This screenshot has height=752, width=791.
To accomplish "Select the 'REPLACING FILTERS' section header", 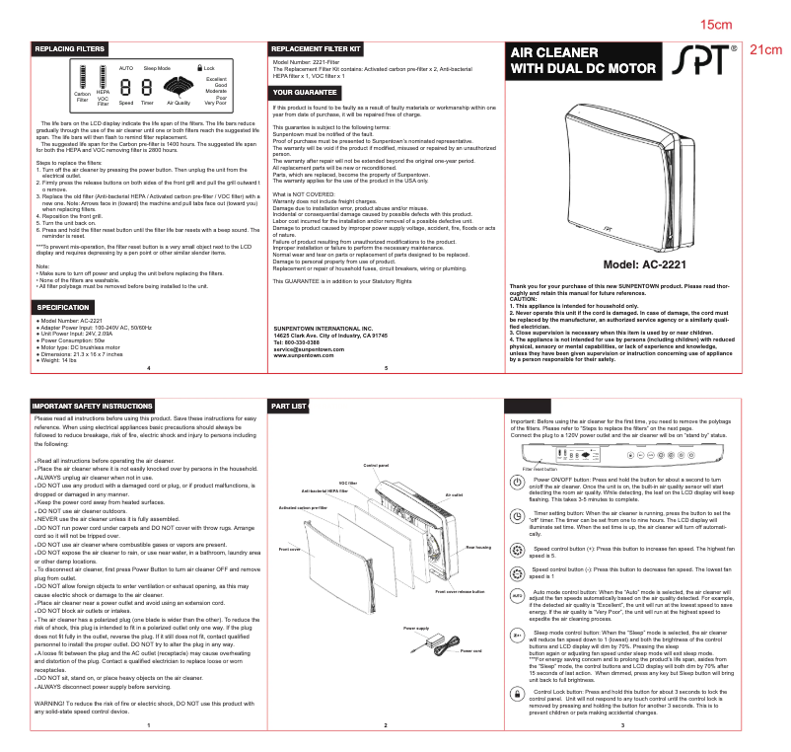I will click(x=70, y=48).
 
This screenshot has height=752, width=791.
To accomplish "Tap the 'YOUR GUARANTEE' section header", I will click(x=305, y=92).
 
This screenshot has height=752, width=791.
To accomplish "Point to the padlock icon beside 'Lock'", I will click(x=199, y=67).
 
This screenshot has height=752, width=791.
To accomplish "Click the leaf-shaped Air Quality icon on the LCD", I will click(x=179, y=90).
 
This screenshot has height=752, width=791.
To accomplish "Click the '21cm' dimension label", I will click(x=766, y=49).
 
